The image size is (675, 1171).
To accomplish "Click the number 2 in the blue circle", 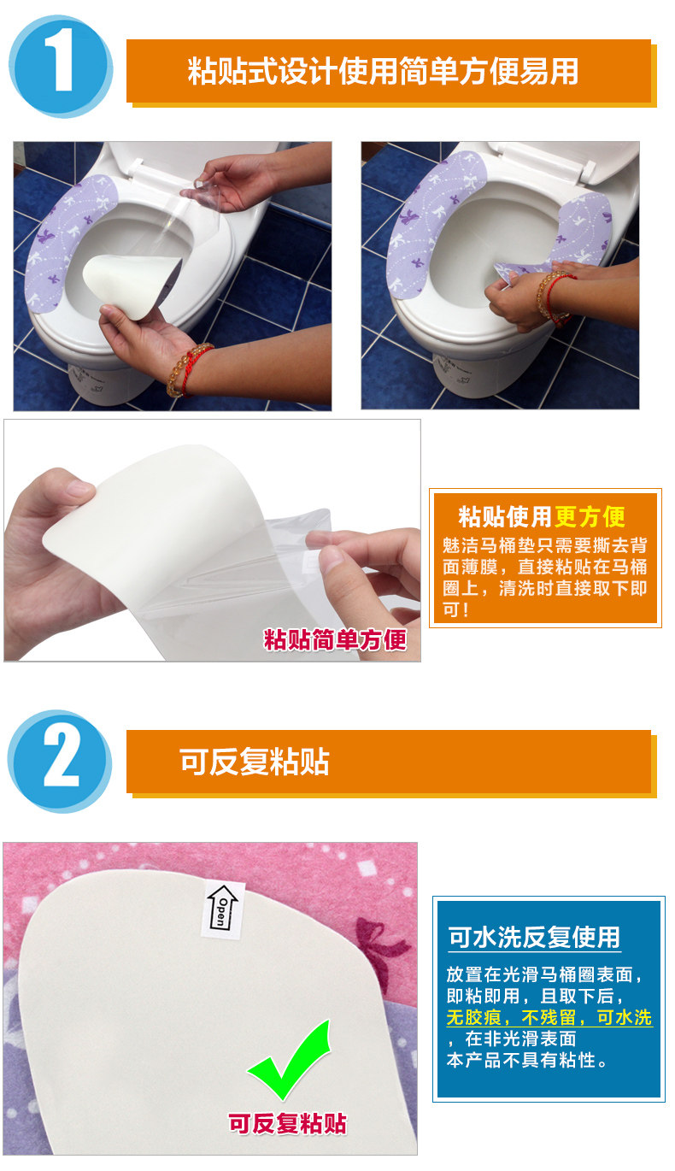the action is point(62,759).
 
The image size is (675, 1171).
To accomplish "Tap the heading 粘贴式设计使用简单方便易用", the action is point(383,71).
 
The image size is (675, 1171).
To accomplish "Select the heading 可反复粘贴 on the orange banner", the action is point(255,762).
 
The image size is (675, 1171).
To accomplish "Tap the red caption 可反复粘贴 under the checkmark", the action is point(288,1123).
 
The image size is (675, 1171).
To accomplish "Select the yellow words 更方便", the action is point(590,516).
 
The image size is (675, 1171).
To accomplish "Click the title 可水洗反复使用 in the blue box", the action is point(534,937).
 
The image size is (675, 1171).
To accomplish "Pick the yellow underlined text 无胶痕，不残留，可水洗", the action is point(549,1017).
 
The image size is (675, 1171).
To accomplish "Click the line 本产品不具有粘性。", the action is point(526,1060).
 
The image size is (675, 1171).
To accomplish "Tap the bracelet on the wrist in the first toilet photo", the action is point(189,369).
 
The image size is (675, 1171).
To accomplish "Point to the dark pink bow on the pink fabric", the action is point(380,947).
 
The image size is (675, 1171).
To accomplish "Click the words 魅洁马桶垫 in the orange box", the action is point(489,545).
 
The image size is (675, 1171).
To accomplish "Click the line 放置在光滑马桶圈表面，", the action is point(545,974).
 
